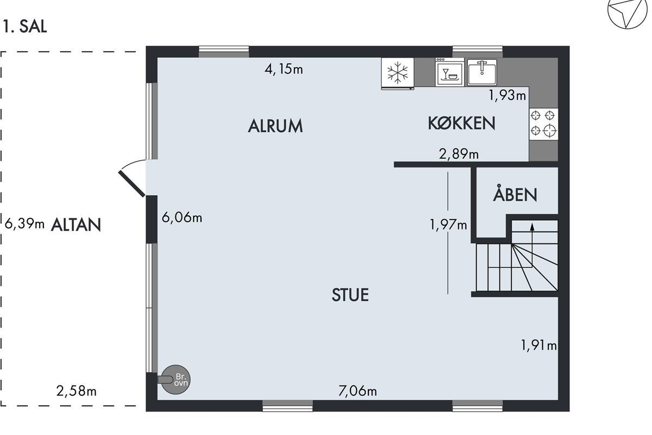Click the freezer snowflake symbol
(x=398, y=73)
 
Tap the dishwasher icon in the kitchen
(x=450, y=72)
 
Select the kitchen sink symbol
(x=482, y=72)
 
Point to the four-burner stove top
(x=543, y=124)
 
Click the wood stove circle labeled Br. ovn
(x=176, y=380)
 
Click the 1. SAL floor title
(x=25, y=27)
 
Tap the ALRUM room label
(x=275, y=126)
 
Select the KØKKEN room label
(x=462, y=123)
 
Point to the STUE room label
(x=350, y=295)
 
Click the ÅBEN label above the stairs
(x=515, y=192)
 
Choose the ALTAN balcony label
(x=76, y=225)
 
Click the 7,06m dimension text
(x=358, y=391)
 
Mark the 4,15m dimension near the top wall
(x=284, y=70)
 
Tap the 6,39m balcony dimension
(x=24, y=224)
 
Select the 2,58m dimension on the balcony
(x=76, y=391)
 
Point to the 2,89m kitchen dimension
(x=459, y=154)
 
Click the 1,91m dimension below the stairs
(x=538, y=345)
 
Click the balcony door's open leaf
(x=131, y=184)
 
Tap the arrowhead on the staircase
(x=532, y=227)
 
